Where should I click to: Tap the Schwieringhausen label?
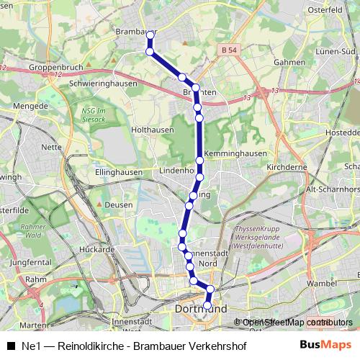(x=104, y=83)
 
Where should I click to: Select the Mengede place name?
(x=32, y=106)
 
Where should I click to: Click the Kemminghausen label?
(x=236, y=153)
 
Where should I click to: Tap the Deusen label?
(x=120, y=204)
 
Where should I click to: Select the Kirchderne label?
(x=287, y=166)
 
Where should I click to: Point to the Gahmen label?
(x=290, y=62)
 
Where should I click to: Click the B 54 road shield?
(x=229, y=49)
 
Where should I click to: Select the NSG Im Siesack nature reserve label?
(x=94, y=114)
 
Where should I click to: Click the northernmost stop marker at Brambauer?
(x=150, y=34)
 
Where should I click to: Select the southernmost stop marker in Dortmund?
(x=207, y=305)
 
